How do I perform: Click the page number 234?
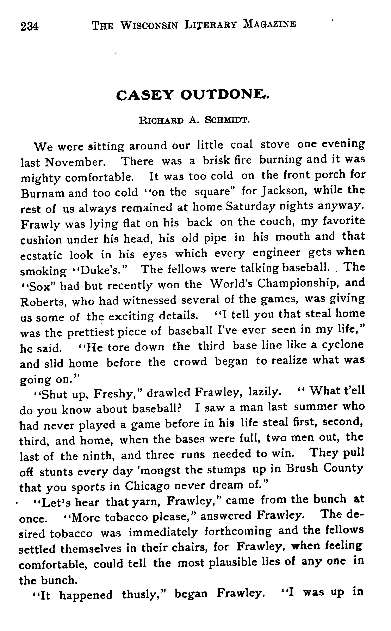pos(30,26)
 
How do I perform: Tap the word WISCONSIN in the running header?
pos(149,25)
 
